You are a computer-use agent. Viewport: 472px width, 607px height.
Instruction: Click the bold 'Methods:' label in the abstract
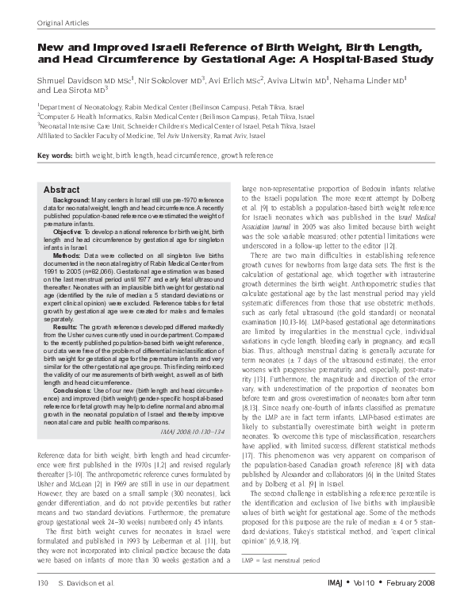click(x=70, y=257)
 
